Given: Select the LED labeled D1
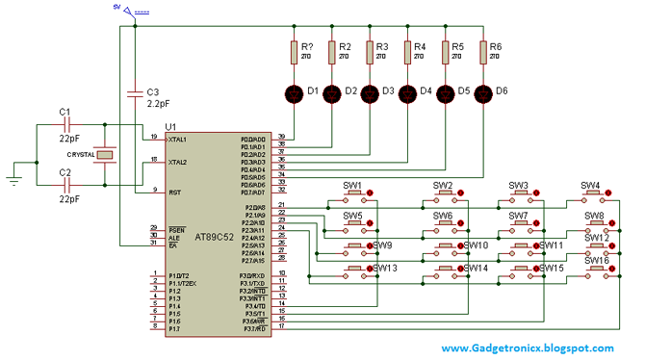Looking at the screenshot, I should tap(295, 93).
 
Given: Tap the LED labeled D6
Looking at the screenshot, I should tap(482, 93).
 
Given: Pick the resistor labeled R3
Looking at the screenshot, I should tap(370, 52).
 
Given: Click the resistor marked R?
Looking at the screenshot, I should tap(295, 52).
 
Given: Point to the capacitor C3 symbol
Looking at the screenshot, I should tap(135, 92).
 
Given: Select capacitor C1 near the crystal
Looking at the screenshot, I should tap(65, 126).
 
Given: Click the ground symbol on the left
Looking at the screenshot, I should tap(13, 174).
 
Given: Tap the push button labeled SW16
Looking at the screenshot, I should tap(590, 271).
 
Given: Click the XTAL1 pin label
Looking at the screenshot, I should tap(177, 140).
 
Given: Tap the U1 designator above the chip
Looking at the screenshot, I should tap(171, 126).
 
